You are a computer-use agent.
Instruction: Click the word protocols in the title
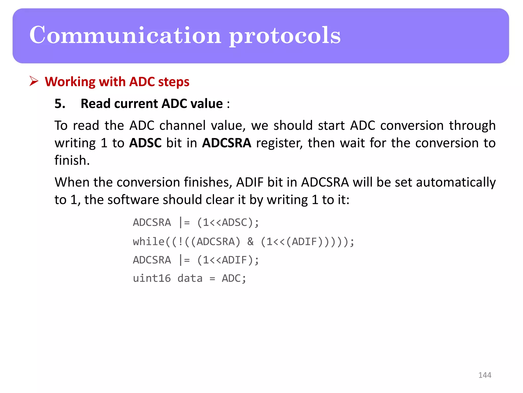[284, 36]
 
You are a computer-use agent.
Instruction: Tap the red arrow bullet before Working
[34, 81]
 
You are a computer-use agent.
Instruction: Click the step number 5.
[60, 104]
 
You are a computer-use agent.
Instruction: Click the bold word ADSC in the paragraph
[145, 143]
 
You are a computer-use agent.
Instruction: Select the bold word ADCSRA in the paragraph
[227, 143]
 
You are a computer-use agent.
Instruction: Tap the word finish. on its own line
[72, 160]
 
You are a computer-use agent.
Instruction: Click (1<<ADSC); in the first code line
[228, 223]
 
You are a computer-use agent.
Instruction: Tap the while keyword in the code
[149, 242]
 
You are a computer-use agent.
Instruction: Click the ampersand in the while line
[250, 242]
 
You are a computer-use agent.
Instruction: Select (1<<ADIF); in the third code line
[228, 260]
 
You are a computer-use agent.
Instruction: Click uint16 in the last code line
[152, 278]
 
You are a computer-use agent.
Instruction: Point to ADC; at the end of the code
[234, 278]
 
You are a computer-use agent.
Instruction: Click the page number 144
[484, 375]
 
